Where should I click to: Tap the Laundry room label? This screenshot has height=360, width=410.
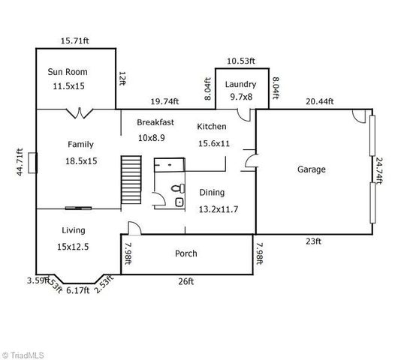coord(240,84)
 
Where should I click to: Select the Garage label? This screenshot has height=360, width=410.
coord(310,169)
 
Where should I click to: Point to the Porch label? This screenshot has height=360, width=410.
coord(185,253)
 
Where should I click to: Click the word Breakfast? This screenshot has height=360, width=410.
coord(155,121)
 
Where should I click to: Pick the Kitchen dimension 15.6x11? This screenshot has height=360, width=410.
coord(213,143)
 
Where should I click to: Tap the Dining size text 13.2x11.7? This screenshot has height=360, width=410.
coord(219,209)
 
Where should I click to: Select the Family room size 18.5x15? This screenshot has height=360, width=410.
coord(80,160)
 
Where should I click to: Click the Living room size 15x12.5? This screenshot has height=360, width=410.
coord(73,247)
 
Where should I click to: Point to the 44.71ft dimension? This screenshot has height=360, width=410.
coord(20,162)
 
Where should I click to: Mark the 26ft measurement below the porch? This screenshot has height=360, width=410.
coord(185,281)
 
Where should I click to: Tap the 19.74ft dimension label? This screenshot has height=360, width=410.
coord(166,100)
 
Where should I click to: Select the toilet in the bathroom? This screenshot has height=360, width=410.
coord(178,189)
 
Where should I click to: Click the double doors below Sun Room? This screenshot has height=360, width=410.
coord(78,114)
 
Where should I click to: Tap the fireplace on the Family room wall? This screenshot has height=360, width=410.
coord(32,163)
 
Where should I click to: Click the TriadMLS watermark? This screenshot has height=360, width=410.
coord(24,353)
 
